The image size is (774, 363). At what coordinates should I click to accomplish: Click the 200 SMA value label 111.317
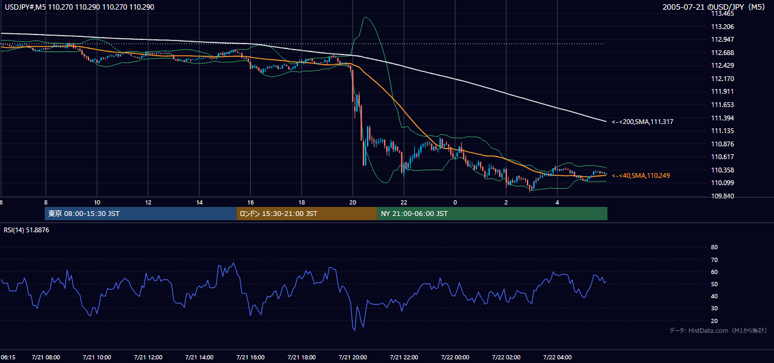643,122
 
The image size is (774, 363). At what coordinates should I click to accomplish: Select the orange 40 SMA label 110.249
641,175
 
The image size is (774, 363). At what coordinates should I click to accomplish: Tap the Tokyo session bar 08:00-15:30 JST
141,214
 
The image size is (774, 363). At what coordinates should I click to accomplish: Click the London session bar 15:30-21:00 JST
307,214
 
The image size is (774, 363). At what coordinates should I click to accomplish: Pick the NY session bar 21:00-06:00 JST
492,214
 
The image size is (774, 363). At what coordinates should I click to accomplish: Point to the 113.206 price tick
723,27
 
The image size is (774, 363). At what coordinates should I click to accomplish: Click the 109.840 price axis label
723,196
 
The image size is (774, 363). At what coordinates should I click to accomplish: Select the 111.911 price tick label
723,91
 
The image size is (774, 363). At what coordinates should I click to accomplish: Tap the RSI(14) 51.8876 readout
26,230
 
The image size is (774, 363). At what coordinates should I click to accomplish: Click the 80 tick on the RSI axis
714,247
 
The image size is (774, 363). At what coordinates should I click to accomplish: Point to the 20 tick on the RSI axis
714,321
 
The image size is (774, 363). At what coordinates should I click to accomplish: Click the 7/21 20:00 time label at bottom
353,358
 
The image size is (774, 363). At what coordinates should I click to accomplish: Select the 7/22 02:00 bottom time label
506,358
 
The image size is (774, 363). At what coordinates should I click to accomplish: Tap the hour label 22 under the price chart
404,203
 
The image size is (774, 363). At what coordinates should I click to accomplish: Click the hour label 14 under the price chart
199,203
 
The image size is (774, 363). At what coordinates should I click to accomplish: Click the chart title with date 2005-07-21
714,7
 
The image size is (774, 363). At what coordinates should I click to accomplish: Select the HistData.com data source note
718,330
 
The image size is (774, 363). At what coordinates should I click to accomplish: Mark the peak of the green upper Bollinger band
365,17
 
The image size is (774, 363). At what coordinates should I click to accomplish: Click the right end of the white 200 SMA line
606,122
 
